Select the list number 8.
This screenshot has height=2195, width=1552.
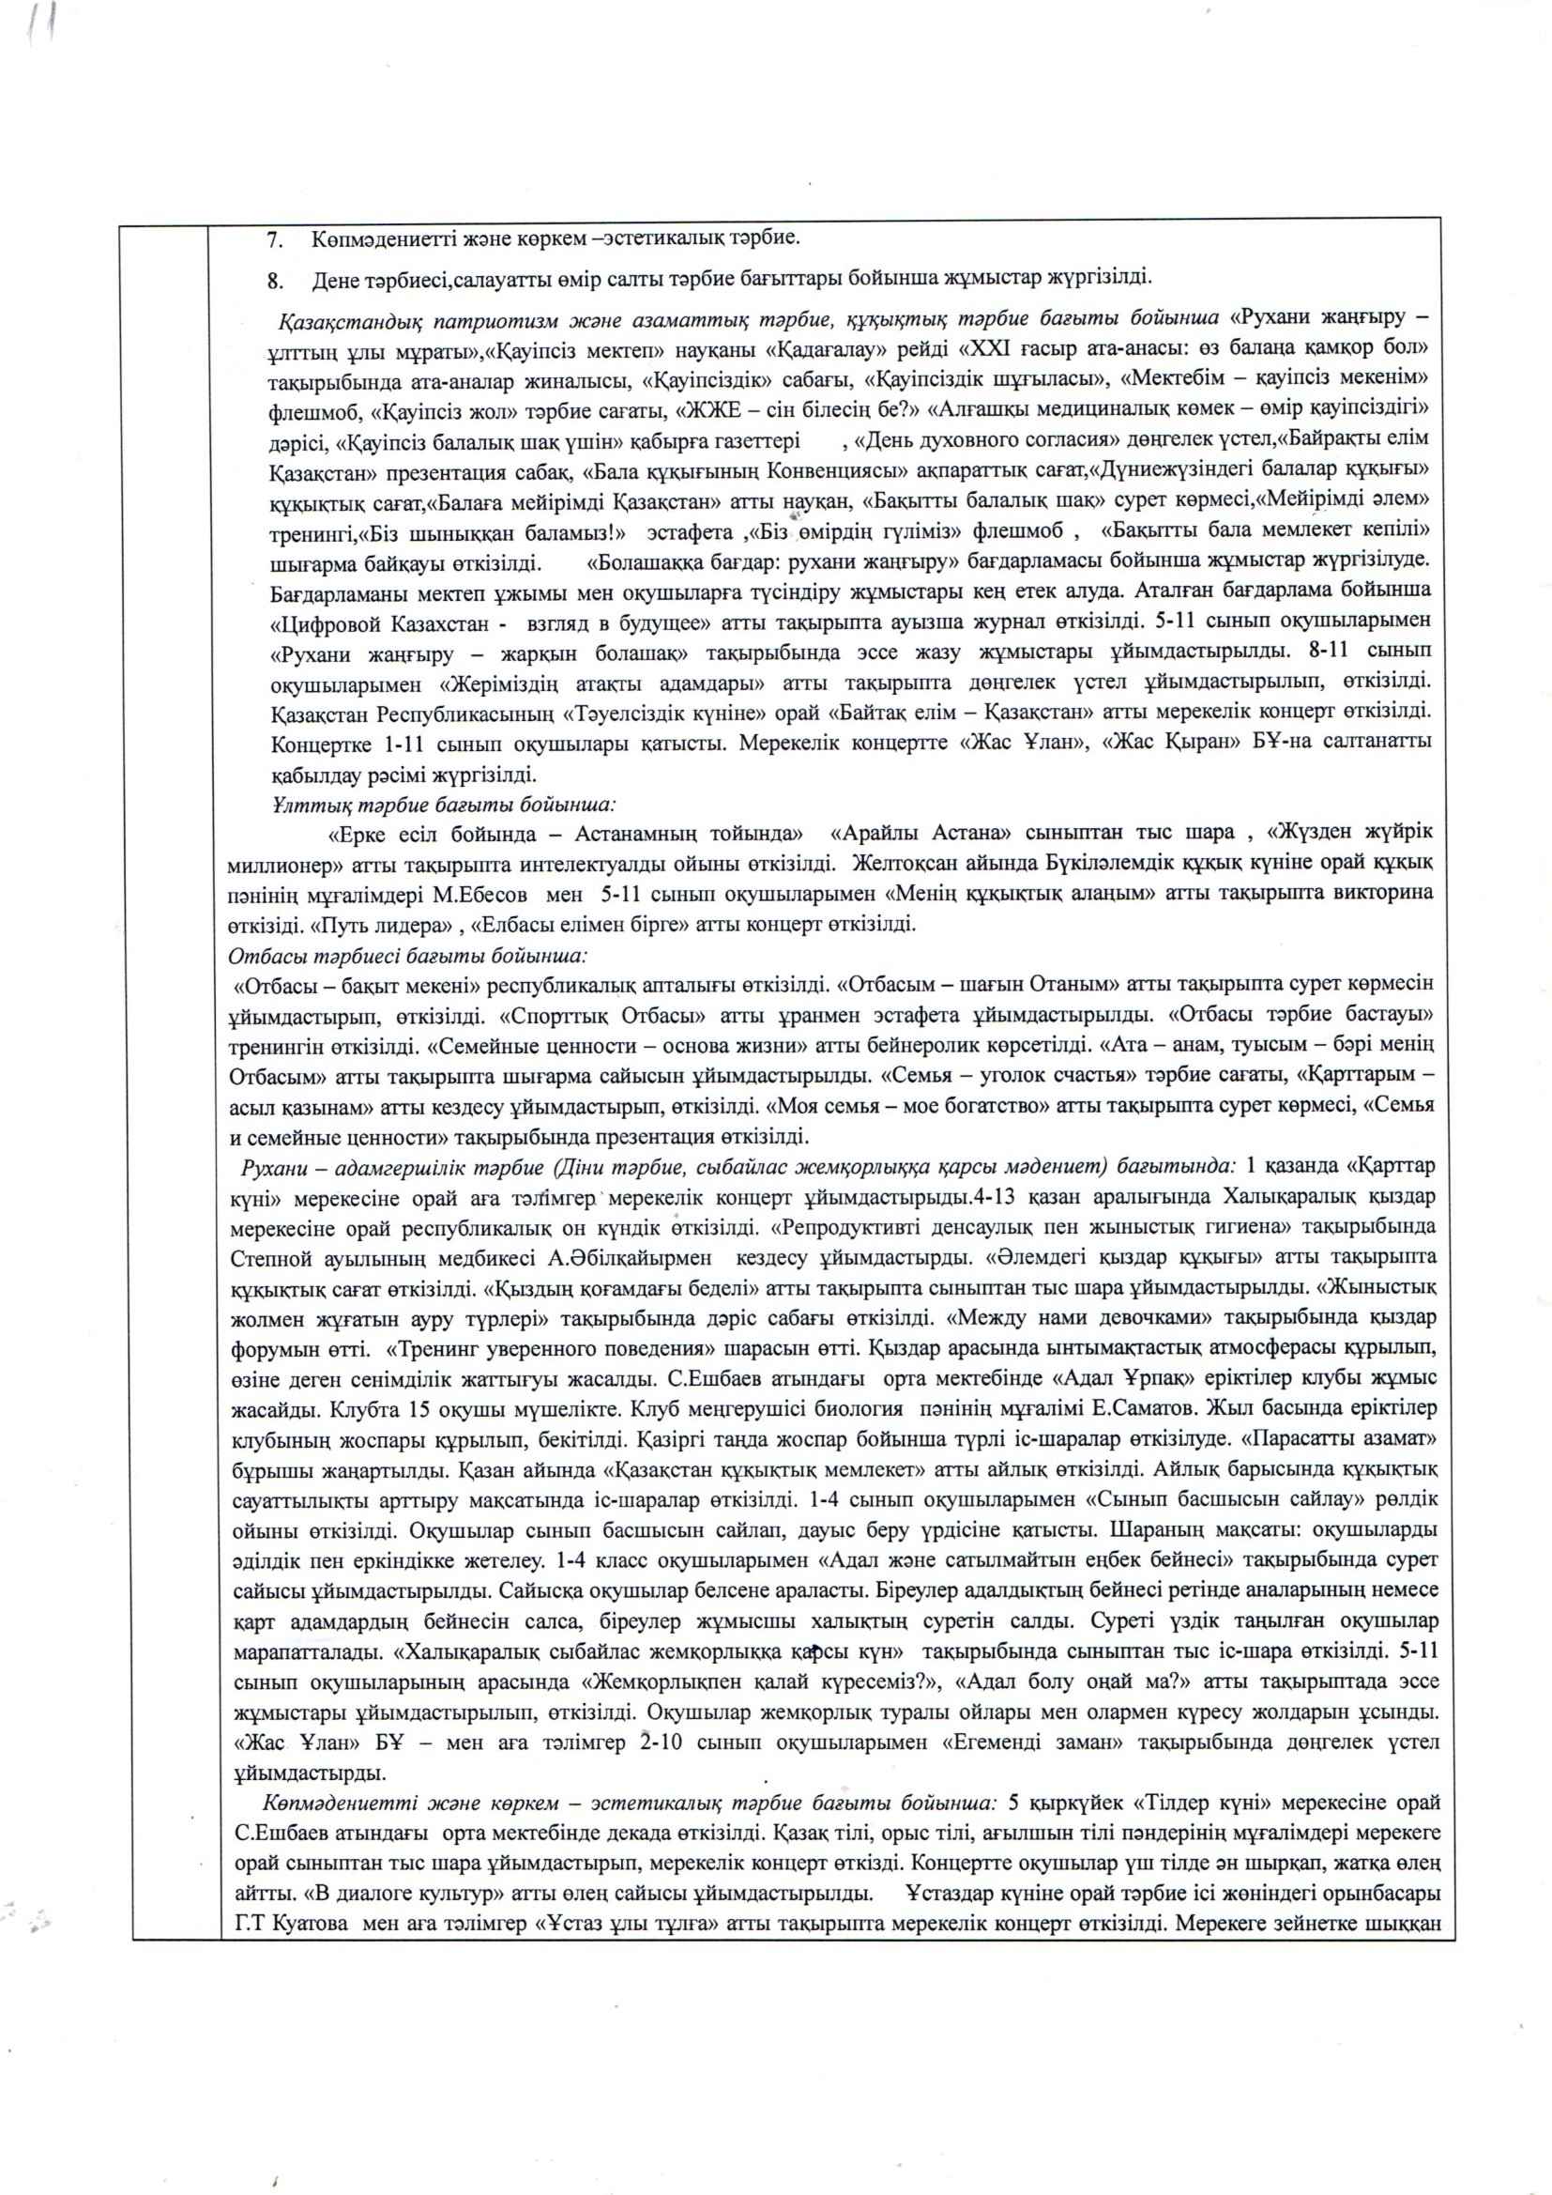point(274,280)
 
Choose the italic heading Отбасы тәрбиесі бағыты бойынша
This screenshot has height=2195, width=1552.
point(407,955)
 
